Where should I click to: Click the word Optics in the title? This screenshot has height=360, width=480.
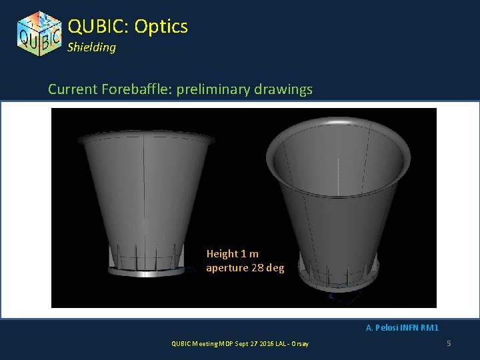click(161, 26)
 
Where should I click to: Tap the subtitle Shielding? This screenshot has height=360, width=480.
click(91, 47)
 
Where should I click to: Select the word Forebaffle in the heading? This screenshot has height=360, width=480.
click(133, 89)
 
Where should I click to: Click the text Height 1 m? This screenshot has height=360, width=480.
click(233, 254)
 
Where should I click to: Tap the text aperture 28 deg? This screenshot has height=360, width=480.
click(245, 268)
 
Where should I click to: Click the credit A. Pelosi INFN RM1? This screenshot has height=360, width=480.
click(402, 327)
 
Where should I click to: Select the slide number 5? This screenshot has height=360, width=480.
click(449, 343)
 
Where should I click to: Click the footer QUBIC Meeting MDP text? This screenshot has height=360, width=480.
click(200, 343)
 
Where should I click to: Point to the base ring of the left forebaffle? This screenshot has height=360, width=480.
click(147, 271)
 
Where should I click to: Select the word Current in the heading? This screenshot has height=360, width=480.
click(72, 89)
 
